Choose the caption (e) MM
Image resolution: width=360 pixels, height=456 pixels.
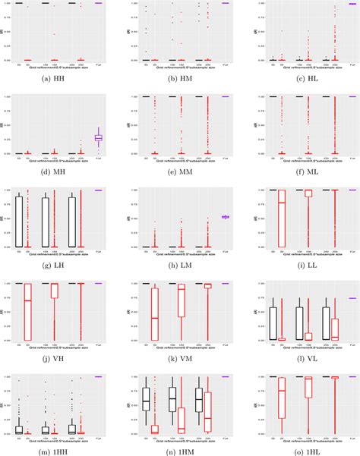181,173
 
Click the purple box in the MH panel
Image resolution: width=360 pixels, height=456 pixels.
98,137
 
